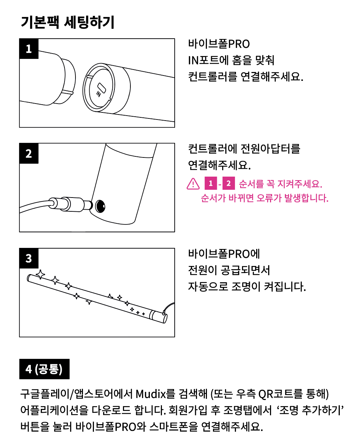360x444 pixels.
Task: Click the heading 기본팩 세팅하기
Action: (x=67, y=22)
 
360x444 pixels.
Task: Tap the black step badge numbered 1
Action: (x=29, y=49)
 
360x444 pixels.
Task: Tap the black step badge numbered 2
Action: (x=29, y=153)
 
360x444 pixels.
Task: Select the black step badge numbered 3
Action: (x=29, y=258)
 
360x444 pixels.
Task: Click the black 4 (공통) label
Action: (x=44, y=369)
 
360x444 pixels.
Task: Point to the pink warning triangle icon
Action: (x=193, y=184)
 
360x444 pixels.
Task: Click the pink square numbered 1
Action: (x=211, y=183)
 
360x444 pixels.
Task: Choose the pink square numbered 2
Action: (x=229, y=183)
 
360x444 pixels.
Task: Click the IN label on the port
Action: (x=99, y=94)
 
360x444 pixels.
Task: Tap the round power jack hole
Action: (x=100, y=206)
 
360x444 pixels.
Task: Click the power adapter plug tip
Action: (x=88, y=205)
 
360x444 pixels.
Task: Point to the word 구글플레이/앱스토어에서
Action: (x=76, y=394)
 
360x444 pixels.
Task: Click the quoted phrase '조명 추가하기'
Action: (x=310, y=410)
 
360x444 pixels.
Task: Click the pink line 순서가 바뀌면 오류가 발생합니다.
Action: (x=264, y=198)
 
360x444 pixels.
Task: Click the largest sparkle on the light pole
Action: (x=40, y=274)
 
